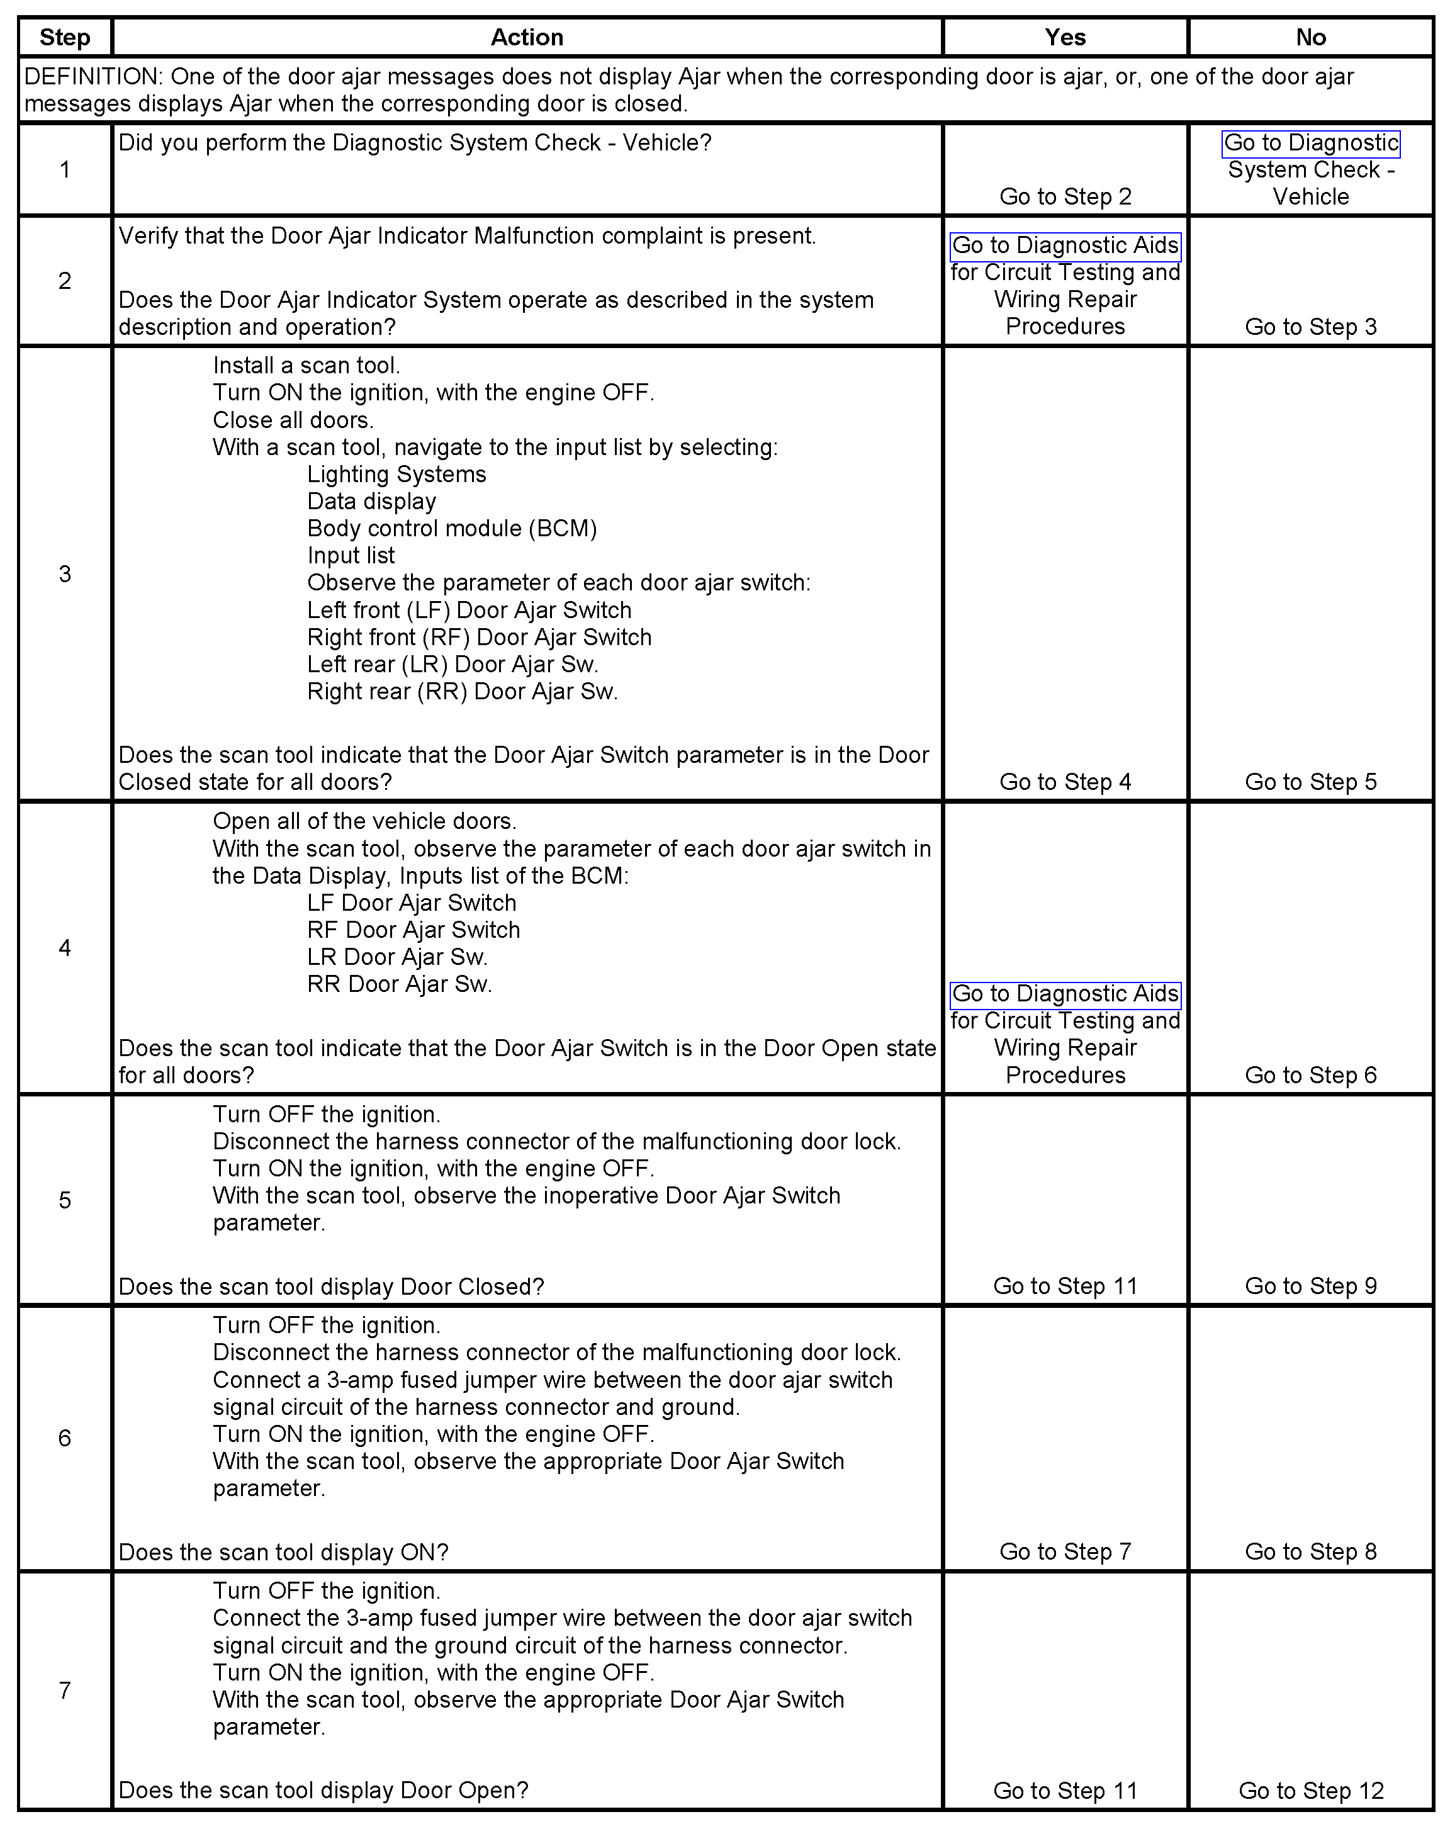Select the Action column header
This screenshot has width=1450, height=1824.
[x=526, y=37]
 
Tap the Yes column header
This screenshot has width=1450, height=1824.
[x=1064, y=37]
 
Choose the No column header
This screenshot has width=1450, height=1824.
[x=1310, y=37]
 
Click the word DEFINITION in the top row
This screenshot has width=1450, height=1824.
[x=91, y=77]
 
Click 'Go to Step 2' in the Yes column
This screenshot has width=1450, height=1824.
[x=1065, y=197]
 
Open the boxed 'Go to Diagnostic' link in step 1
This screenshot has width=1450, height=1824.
[x=1310, y=143]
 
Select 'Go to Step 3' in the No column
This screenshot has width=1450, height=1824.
[x=1310, y=327]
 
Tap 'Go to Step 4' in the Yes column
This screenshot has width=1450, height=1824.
[x=1065, y=782]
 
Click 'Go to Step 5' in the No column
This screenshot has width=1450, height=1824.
[x=1310, y=782]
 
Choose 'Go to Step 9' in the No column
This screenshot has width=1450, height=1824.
[x=1310, y=1286]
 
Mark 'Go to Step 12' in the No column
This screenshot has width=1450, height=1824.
[x=1310, y=1791]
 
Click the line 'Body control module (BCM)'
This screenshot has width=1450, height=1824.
[x=452, y=529]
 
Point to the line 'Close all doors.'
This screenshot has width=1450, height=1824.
[x=293, y=420]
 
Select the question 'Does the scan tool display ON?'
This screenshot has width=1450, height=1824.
[x=283, y=1553]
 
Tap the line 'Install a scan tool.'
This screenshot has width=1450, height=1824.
[x=306, y=366]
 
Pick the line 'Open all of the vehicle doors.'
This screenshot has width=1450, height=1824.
[x=364, y=821]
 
